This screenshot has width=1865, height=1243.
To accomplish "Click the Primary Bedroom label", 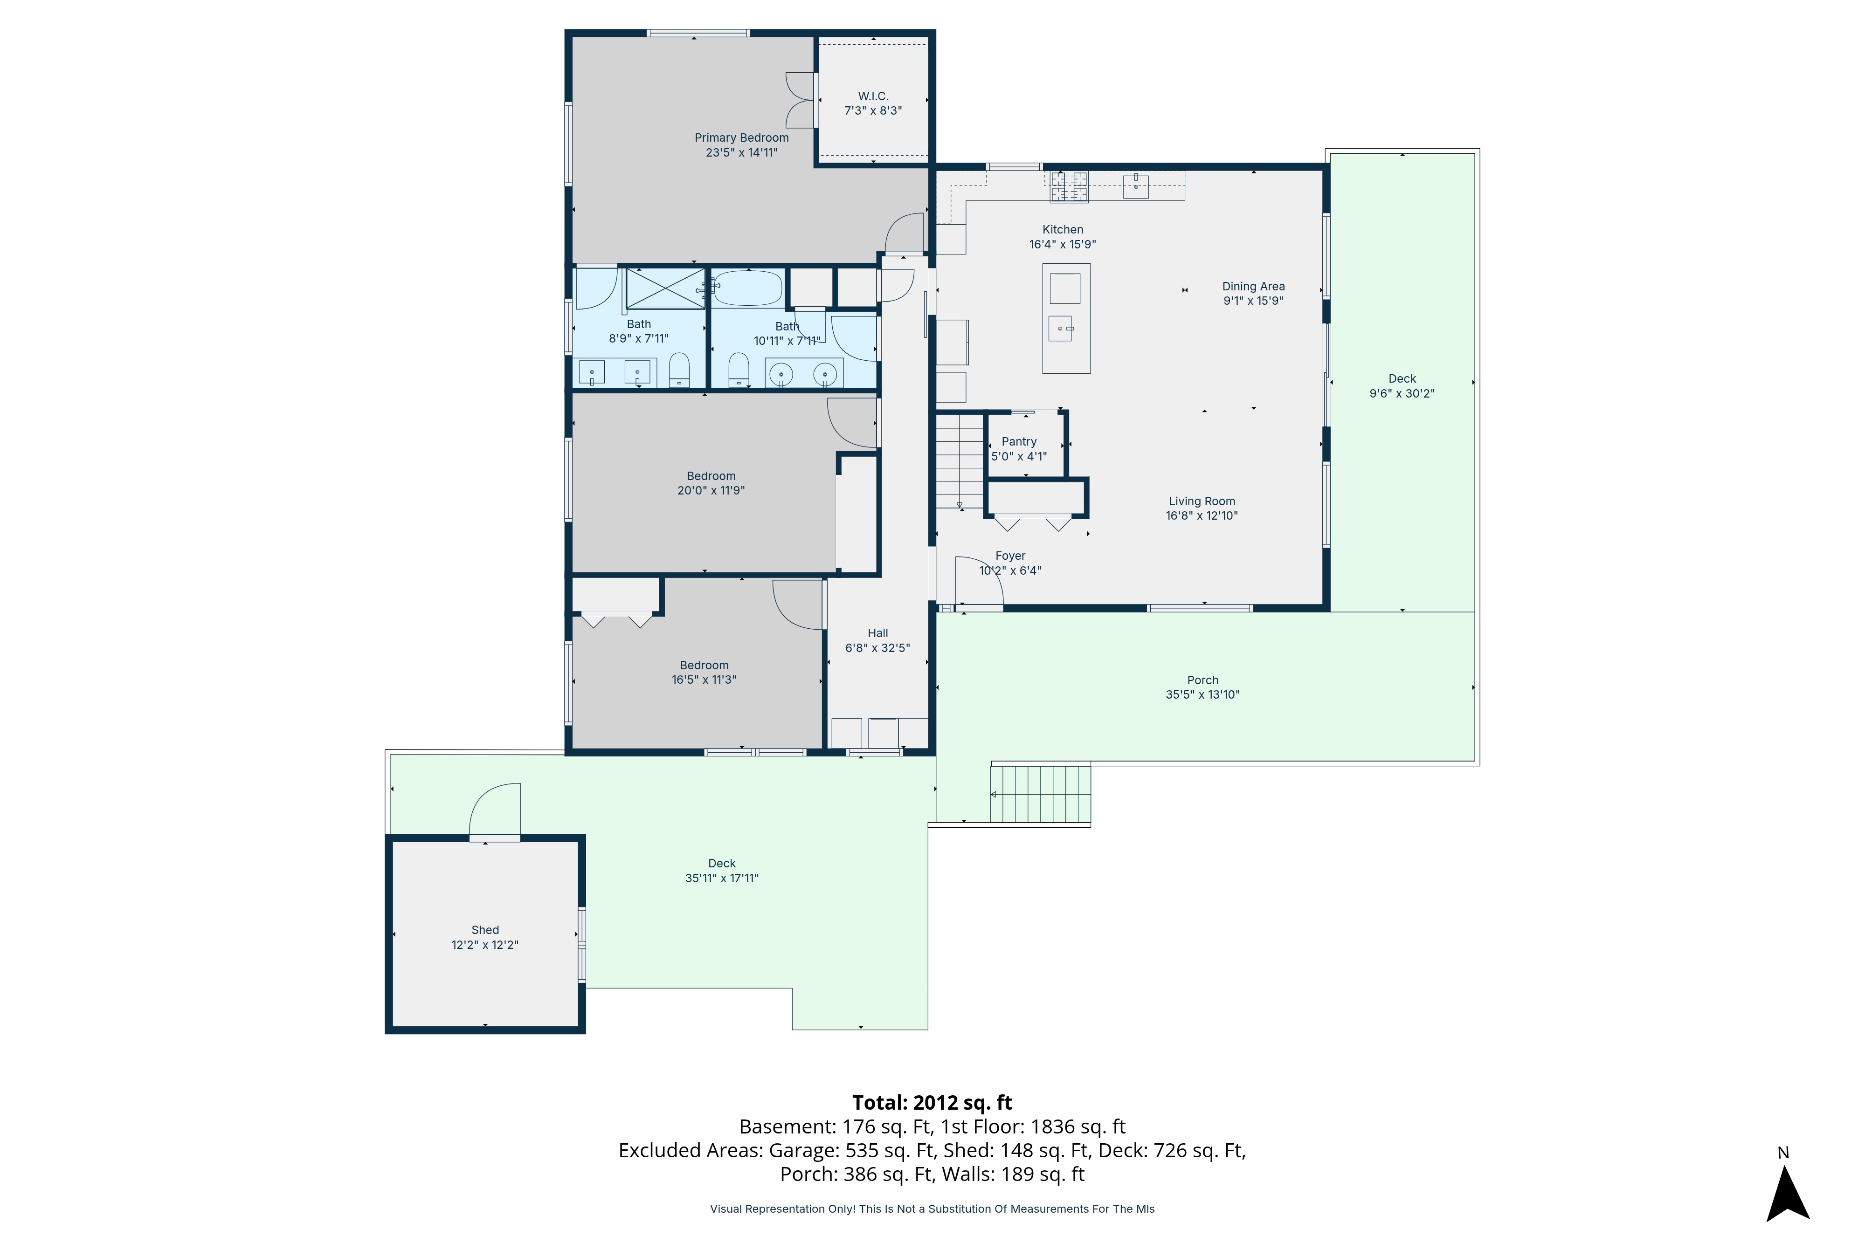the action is point(741,138).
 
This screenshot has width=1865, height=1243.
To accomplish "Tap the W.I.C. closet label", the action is point(873,96).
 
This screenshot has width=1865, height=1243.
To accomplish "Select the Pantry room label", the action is point(1019,441).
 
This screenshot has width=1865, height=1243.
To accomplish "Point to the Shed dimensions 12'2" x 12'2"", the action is point(484,945).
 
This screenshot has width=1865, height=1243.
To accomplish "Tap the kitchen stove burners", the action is point(1069,187).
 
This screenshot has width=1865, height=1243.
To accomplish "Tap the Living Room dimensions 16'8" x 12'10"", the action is point(1202,516).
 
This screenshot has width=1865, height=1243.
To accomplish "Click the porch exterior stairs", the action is point(1040,794).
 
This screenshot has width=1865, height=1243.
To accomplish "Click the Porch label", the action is point(1202,680).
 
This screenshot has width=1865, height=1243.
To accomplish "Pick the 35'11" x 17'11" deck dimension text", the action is point(722,879).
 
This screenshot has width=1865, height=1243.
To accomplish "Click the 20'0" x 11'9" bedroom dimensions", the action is point(711,491).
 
